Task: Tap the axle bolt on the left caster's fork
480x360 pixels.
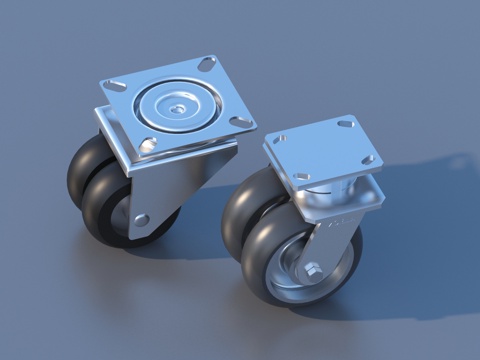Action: (142, 219)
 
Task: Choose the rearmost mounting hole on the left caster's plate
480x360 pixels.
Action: (206, 63)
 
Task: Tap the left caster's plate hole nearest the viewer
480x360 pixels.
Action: (149, 146)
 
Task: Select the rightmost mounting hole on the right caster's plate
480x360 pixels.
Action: (370, 159)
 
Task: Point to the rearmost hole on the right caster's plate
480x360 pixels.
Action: (345, 124)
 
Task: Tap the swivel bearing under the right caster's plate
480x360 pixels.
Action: (330, 200)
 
